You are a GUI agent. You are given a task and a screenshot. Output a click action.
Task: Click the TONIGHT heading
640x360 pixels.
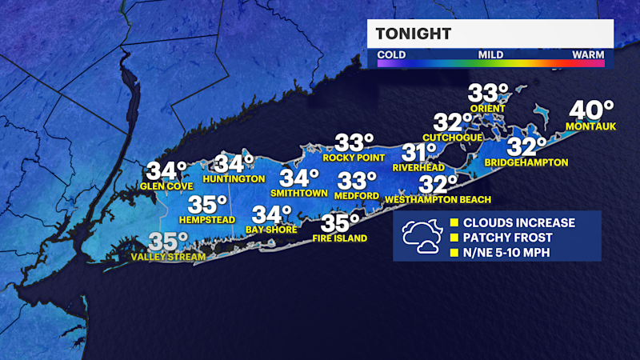click(x=414, y=34)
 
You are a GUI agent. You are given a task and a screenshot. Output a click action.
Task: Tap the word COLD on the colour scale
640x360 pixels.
click(x=391, y=55)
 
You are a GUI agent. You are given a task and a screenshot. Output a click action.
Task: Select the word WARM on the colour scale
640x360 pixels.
click(x=588, y=55)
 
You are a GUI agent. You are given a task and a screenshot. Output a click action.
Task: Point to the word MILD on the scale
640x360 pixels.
click(x=490, y=55)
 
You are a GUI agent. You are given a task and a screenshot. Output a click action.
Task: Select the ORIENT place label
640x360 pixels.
click(x=487, y=109)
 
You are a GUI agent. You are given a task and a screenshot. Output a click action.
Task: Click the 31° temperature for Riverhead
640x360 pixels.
click(x=419, y=152)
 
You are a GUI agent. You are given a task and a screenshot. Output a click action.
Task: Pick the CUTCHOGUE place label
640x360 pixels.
click(x=453, y=138)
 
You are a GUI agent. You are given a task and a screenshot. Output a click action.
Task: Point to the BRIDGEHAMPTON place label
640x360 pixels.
click(x=526, y=162)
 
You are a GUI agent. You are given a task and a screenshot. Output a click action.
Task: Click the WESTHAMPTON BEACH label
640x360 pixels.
click(x=438, y=199)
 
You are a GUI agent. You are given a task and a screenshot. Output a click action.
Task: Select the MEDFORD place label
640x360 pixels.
click(x=358, y=195)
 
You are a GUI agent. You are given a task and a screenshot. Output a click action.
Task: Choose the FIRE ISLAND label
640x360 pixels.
click(x=340, y=238)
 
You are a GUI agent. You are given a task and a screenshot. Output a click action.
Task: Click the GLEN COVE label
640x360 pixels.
click(x=164, y=186)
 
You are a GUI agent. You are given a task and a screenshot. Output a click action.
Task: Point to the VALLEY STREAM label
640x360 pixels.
click(x=168, y=257)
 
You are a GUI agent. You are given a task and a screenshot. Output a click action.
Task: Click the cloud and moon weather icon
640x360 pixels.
click(x=421, y=237)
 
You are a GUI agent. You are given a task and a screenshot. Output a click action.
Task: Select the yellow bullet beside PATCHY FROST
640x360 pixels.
click(x=454, y=238)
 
